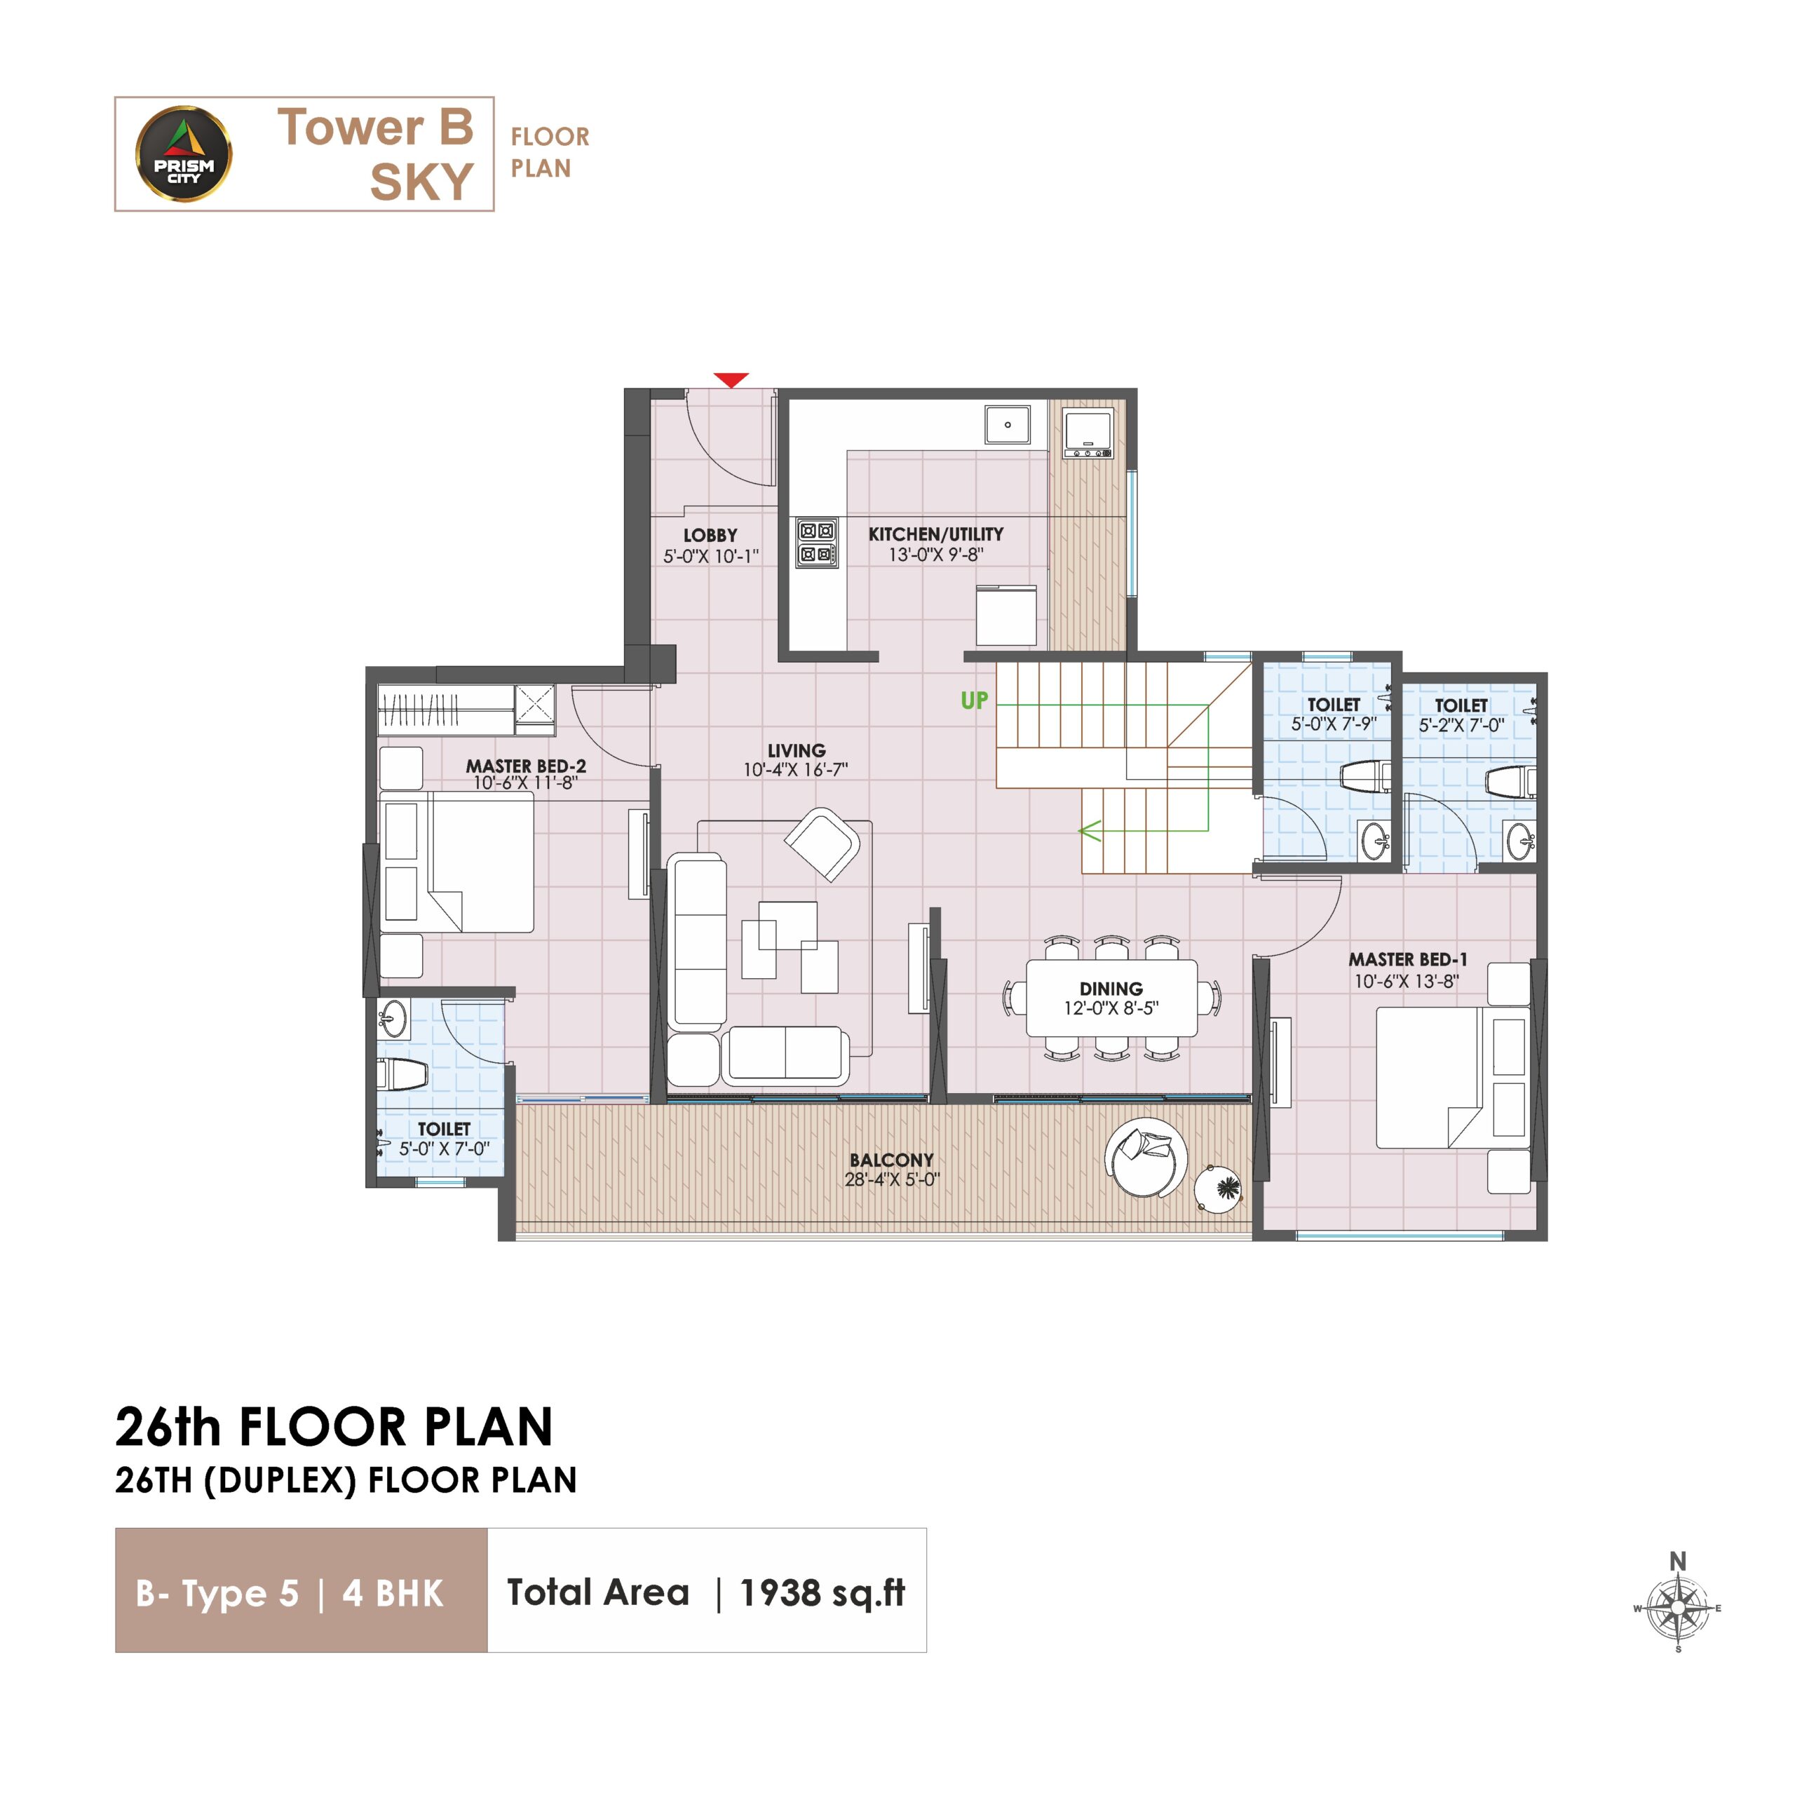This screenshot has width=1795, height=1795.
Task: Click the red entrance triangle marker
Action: [731, 380]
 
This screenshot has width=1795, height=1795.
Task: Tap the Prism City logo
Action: [184, 154]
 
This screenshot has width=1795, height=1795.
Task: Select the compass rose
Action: [1678, 1606]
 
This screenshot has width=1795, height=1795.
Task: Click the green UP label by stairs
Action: [975, 700]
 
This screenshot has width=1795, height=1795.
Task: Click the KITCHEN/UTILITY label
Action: [935, 534]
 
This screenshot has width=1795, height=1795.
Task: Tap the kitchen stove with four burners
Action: [817, 543]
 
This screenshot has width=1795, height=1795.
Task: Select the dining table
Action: [1111, 997]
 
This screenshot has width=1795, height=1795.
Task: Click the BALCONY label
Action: [891, 1160]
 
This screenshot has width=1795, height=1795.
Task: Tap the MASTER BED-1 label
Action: [1407, 959]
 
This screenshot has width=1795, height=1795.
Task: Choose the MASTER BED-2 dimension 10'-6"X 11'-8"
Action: [525, 783]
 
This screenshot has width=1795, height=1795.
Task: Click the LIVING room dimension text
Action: [795, 770]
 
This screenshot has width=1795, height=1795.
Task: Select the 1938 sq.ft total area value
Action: [821, 1592]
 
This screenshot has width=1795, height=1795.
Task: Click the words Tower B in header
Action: [375, 128]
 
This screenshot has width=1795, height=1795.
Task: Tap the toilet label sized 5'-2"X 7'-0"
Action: [1461, 715]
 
